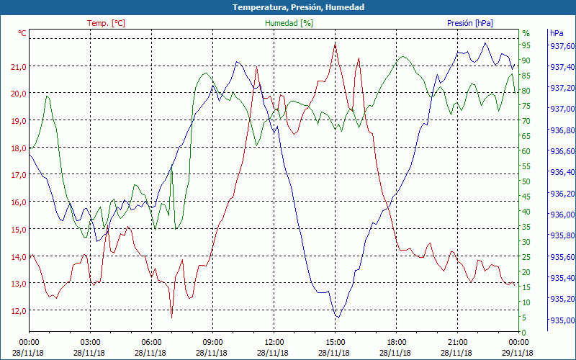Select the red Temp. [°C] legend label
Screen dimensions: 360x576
[106, 23]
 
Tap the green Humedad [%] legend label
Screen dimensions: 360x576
[289, 23]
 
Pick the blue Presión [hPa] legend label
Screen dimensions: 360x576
[470, 23]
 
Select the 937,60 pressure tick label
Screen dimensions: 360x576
[562, 45]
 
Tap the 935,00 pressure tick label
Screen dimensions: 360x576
[562, 320]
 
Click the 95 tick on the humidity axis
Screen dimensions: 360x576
[526, 45]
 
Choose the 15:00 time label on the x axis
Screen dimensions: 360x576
[335, 342]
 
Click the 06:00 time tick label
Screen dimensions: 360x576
[151, 342]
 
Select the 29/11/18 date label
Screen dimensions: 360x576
[519, 353]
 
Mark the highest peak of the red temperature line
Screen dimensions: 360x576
[336, 44]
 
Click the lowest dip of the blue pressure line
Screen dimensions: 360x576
[337, 318]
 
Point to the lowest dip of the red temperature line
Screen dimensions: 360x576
[172, 317]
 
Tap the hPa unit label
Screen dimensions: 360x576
[556, 33]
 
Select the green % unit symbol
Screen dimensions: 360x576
[526, 33]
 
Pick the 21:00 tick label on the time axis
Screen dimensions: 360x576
[457, 342]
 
